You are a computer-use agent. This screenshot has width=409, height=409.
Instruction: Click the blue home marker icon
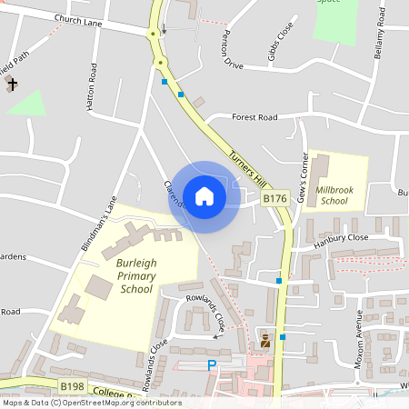point(204,195)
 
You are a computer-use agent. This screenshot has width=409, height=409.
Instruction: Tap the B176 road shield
point(275,198)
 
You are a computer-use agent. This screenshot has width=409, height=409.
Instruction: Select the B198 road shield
point(74,386)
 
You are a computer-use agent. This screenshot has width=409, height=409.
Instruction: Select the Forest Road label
point(254,117)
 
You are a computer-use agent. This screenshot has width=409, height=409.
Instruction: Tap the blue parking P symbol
point(213,365)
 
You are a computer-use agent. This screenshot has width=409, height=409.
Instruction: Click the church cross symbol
point(12,85)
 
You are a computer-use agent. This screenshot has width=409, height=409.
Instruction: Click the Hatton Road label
point(91,87)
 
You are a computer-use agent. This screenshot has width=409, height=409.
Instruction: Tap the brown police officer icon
point(265,341)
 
